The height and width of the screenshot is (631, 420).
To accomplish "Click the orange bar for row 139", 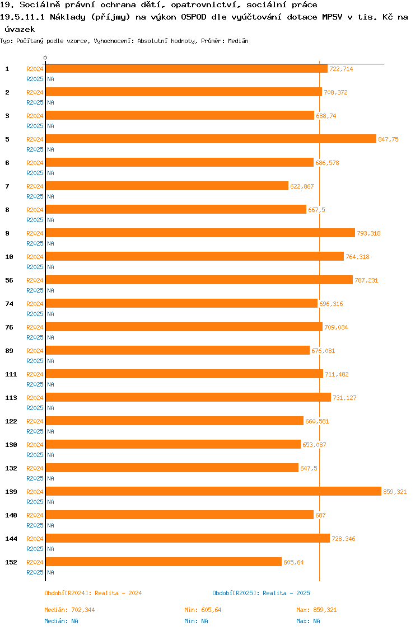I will (213, 491).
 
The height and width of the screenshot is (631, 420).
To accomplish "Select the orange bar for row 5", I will (211, 139).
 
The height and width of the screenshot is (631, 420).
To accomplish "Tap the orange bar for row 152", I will (164, 562).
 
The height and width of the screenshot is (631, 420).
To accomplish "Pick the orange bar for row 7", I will (167, 186).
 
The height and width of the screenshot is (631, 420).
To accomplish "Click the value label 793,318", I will (368, 233).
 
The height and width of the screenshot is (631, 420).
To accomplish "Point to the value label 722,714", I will (341, 69).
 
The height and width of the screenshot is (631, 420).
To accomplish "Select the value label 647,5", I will (309, 468).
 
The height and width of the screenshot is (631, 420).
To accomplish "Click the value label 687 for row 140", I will (320, 515).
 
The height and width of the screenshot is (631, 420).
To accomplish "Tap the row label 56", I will (9, 280).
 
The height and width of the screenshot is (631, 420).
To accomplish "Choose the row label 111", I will (11, 374).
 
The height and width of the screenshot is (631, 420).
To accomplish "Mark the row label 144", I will (11, 539).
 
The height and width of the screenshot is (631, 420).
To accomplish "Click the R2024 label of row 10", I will (35, 257).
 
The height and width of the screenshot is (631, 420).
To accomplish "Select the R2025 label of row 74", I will (35, 314).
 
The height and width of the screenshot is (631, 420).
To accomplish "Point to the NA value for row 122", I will (50, 431).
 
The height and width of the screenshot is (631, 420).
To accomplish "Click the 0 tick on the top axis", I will (45, 58).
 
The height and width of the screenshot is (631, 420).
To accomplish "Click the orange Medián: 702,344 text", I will (69, 610).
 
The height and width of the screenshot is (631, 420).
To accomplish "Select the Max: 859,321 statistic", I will (316, 610).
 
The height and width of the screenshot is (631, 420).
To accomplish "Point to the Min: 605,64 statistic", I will (203, 610).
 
